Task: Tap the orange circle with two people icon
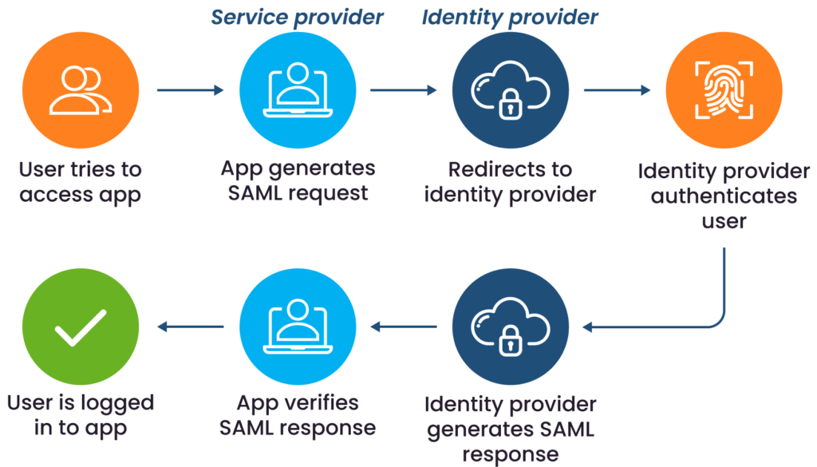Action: (x=81, y=89)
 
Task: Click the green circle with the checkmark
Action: (x=81, y=327)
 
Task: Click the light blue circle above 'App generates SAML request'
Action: (x=298, y=89)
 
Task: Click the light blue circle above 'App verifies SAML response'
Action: (x=298, y=327)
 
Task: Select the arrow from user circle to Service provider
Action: (x=190, y=90)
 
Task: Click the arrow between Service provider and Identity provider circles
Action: (x=403, y=90)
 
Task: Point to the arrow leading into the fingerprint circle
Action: (x=617, y=90)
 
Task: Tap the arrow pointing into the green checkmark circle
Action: (x=190, y=326)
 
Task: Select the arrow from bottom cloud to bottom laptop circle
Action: (x=403, y=326)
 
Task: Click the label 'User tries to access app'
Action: (x=81, y=182)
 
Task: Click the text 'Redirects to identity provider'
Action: (x=510, y=182)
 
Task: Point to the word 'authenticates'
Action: (x=724, y=196)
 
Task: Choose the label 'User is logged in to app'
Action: (x=81, y=415)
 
